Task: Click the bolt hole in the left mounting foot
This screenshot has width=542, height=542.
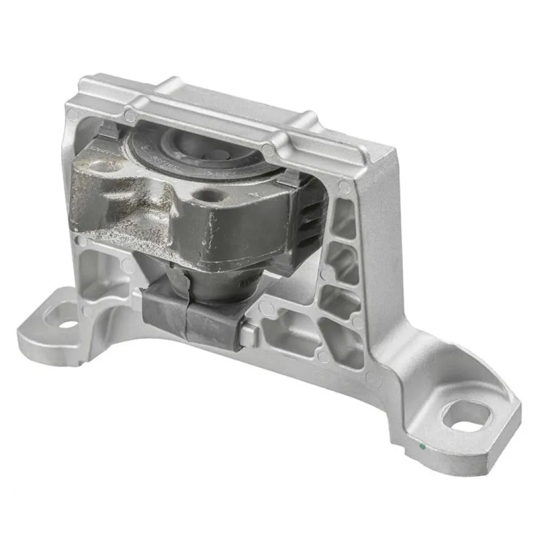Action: pyautogui.click(x=68, y=324)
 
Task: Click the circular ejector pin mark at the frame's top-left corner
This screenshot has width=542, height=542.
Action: pyautogui.click(x=73, y=114)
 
